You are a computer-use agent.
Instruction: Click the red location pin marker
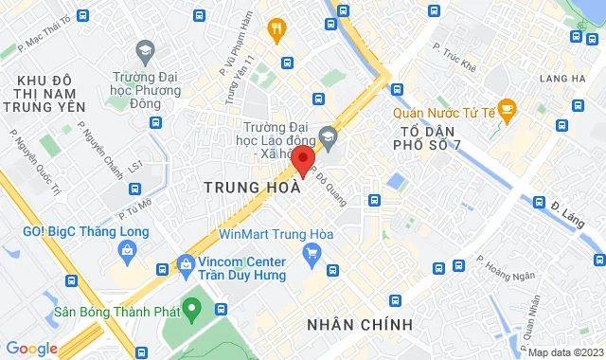(302, 160)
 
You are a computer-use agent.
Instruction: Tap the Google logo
(31, 349)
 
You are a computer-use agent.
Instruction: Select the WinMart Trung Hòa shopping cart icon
(312, 252)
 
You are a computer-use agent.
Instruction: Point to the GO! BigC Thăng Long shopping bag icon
(127, 248)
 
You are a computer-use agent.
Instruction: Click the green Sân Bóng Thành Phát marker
(193, 307)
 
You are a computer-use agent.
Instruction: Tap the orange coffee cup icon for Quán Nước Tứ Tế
(507, 109)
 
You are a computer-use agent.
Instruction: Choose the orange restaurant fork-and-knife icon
(276, 30)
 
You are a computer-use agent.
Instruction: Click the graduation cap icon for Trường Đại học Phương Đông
(145, 48)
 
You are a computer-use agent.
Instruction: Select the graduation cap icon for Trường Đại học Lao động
(328, 136)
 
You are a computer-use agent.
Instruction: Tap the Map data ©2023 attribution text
(564, 352)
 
